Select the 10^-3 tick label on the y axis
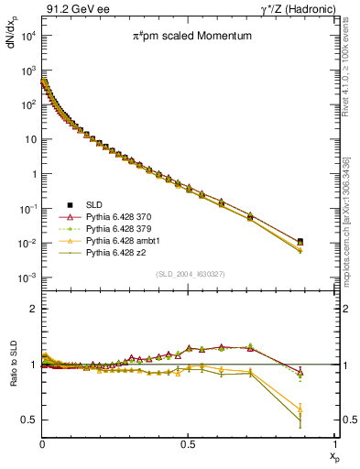tap(29, 278)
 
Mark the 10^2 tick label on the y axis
tap(29, 104)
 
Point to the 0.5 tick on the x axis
tap(188, 443)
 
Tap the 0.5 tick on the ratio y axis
tap(29, 420)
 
